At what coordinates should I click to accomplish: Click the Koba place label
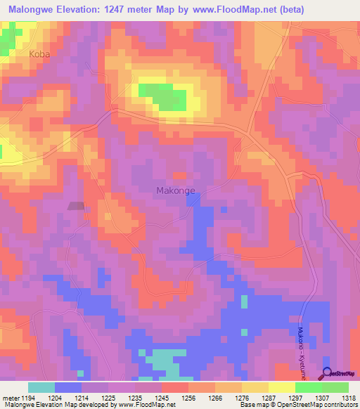pyautogui.click(x=40, y=53)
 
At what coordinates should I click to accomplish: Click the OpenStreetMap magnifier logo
pyautogui.click(x=327, y=372)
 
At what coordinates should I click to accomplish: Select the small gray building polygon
pyautogui.click(x=76, y=206)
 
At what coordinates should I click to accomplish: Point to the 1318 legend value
pyautogui.click(x=348, y=398)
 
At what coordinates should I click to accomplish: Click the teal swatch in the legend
pyautogui.click(x=41, y=387)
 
